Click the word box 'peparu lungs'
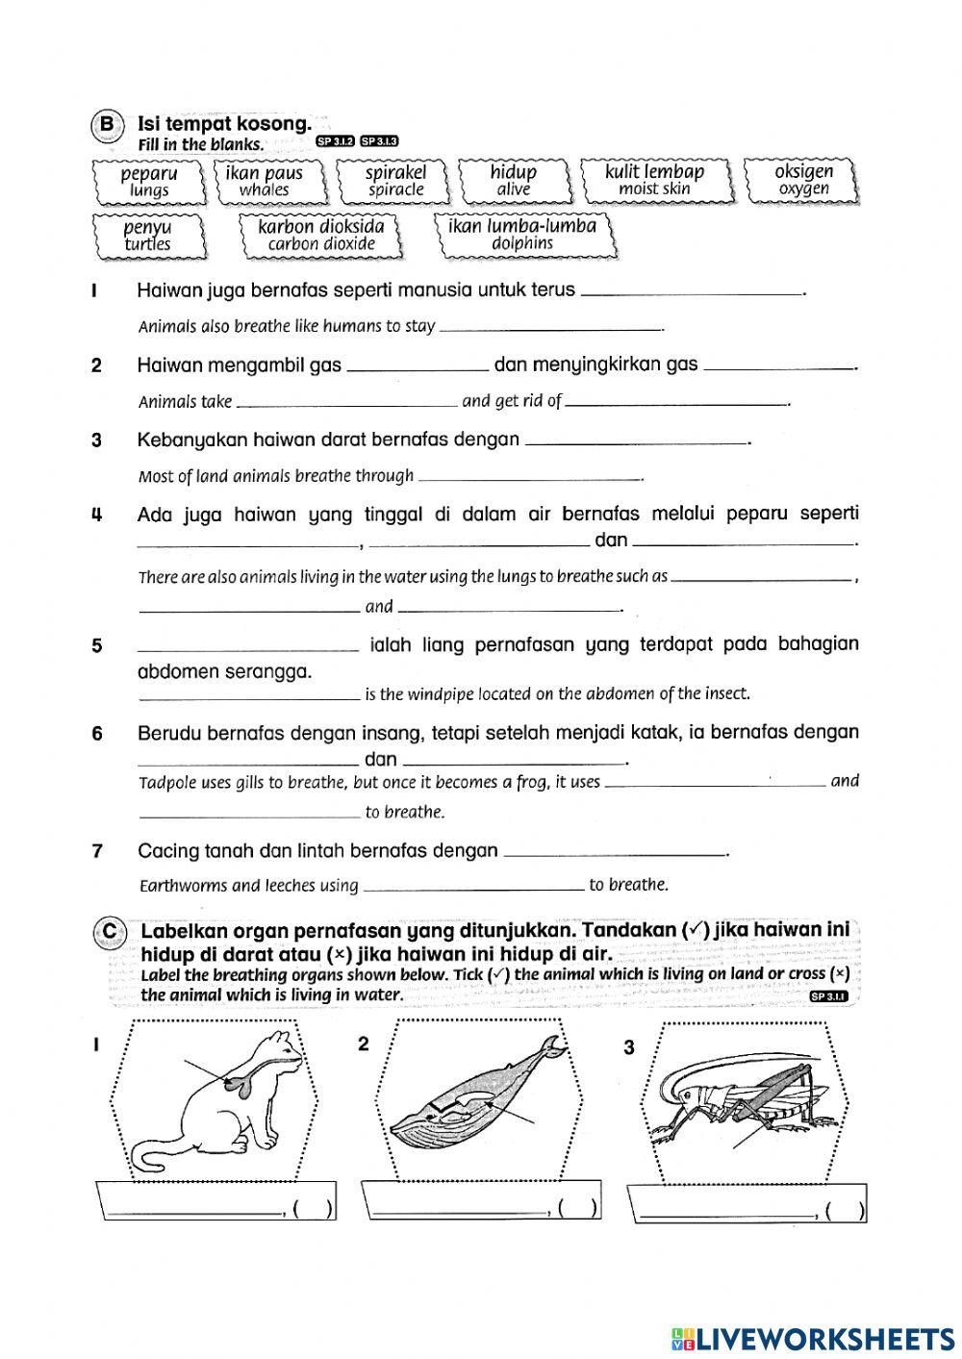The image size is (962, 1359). (x=149, y=181)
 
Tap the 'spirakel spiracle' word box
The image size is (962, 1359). (x=395, y=181)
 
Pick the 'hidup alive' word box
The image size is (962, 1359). (x=514, y=181)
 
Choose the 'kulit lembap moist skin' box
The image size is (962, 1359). (x=654, y=180)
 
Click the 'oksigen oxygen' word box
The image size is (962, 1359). (x=803, y=180)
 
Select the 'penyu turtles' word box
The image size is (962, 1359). (x=147, y=236)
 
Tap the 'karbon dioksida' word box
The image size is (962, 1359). (x=321, y=235)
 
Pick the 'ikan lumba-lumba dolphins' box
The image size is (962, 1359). (x=522, y=235)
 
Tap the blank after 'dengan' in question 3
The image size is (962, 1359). (x=638, y=443)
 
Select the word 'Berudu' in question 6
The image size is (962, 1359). (x=166, y=733)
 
